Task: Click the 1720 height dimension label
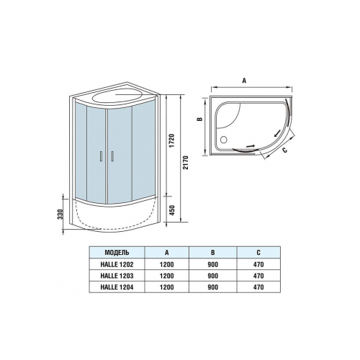point(173,141)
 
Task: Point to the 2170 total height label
point(186,163)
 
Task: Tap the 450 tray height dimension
point(173,210)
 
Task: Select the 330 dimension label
point(60,215)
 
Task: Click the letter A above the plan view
point(244,81)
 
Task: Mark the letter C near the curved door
point(284,150)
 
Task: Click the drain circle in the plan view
point(224,140)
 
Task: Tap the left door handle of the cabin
point(102,156)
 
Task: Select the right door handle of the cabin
point(112,156)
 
